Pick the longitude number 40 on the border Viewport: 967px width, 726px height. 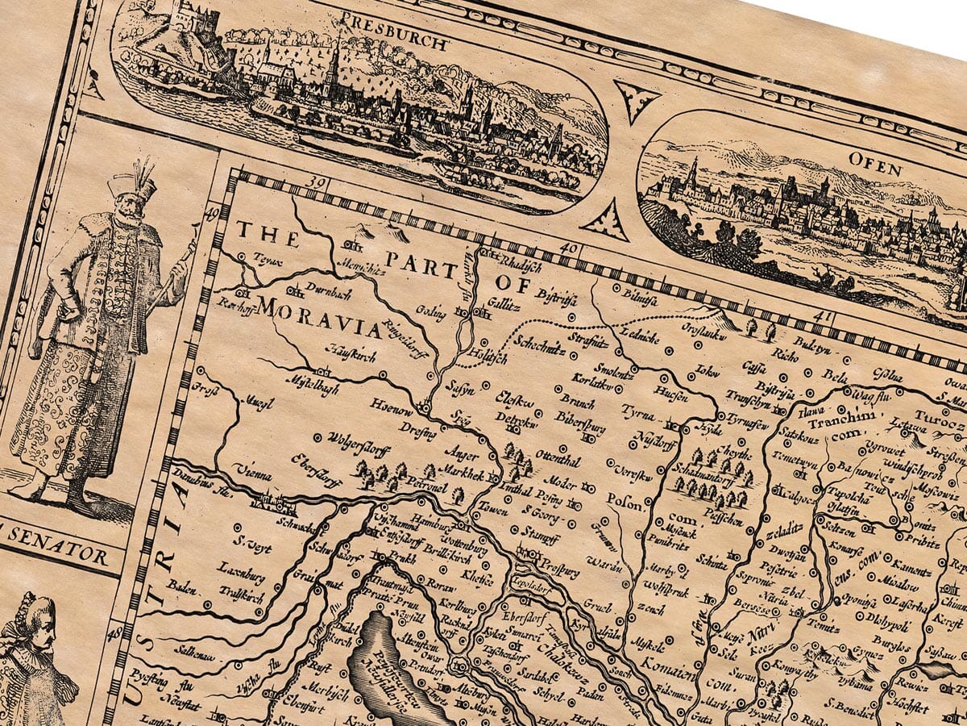[570, 249]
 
